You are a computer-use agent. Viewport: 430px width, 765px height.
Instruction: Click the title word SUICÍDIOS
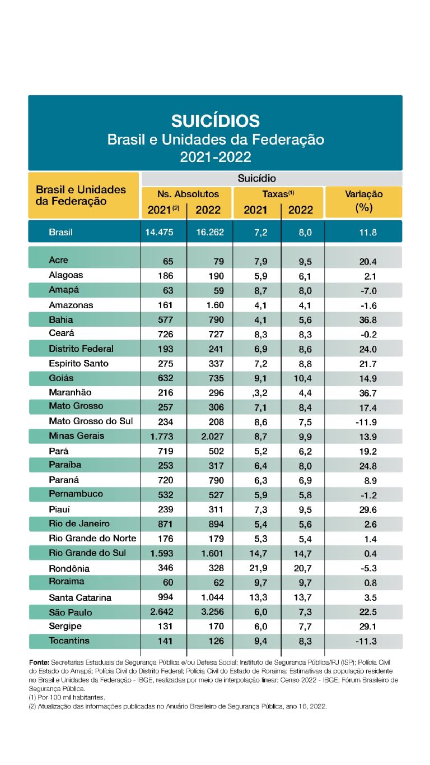[216, 121]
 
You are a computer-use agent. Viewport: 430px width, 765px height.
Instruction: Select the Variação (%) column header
[364, 201]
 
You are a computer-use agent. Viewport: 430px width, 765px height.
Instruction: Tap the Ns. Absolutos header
[188, 194]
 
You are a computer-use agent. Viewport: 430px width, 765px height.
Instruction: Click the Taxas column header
[278, 194]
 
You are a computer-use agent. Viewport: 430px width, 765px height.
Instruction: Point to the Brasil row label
[60, 232]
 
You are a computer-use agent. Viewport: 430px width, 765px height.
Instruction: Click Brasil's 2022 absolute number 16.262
[210, 232]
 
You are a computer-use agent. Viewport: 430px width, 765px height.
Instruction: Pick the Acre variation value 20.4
[368, 262]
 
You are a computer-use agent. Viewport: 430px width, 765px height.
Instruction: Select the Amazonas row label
[71, 305]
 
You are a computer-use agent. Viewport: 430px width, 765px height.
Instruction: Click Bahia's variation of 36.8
[368, 320]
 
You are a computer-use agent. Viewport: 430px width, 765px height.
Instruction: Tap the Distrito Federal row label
[81, 349]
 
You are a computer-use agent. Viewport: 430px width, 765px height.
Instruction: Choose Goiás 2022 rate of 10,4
[302, 378]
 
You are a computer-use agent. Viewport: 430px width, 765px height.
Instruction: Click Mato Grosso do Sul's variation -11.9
[366, 422]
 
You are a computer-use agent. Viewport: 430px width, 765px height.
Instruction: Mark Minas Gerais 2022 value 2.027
[212, 437]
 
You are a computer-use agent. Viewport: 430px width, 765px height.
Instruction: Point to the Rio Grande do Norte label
[92, 538]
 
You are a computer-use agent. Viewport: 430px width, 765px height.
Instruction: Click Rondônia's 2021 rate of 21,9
[258, 568]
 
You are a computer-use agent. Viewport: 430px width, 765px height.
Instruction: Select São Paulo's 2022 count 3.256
[212, 611]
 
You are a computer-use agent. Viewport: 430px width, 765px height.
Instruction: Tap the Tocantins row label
[69, 641]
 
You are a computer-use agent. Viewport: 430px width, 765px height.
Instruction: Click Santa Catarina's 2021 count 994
[166, 597]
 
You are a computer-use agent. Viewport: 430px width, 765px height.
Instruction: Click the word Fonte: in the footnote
[39, 662]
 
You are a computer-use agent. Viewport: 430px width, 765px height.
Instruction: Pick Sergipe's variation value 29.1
[368, 627]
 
